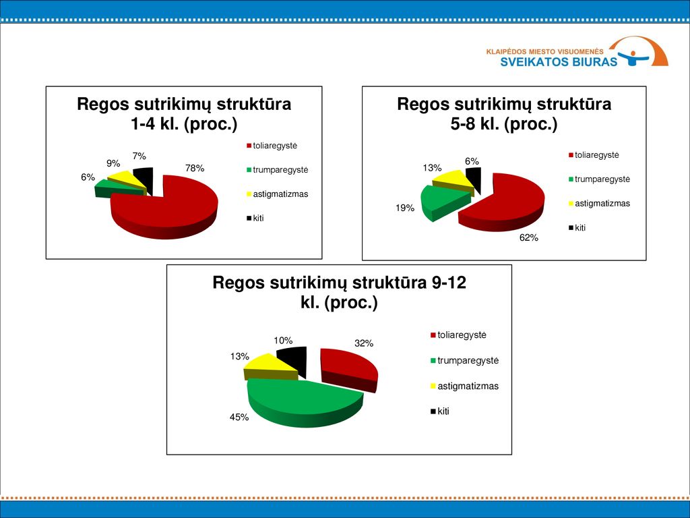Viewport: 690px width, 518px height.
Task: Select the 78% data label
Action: tap(195, 168)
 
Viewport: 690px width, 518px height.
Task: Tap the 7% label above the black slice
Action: tap(139, 156)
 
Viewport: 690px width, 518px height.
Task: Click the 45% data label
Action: tap(239, 417)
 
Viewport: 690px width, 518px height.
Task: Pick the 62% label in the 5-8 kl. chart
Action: tap(528, 238)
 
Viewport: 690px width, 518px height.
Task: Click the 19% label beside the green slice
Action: tap(404, 208)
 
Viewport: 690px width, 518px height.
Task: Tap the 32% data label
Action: tap(364, 343)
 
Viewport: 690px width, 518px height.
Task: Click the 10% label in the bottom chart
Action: tap(283, 341)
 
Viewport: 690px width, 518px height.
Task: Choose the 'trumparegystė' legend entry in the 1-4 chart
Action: tap(277, 170)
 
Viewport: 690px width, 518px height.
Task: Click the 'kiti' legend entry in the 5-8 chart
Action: tap(577, 228)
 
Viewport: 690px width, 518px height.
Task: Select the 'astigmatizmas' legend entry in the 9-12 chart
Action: tap(464, 386)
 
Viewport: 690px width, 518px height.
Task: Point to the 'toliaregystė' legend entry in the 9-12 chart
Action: tap(458, 335)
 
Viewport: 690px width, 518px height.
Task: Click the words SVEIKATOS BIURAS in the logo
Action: tap(559, 61)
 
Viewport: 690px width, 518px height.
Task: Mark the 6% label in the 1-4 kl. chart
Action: tap(88, 177)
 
